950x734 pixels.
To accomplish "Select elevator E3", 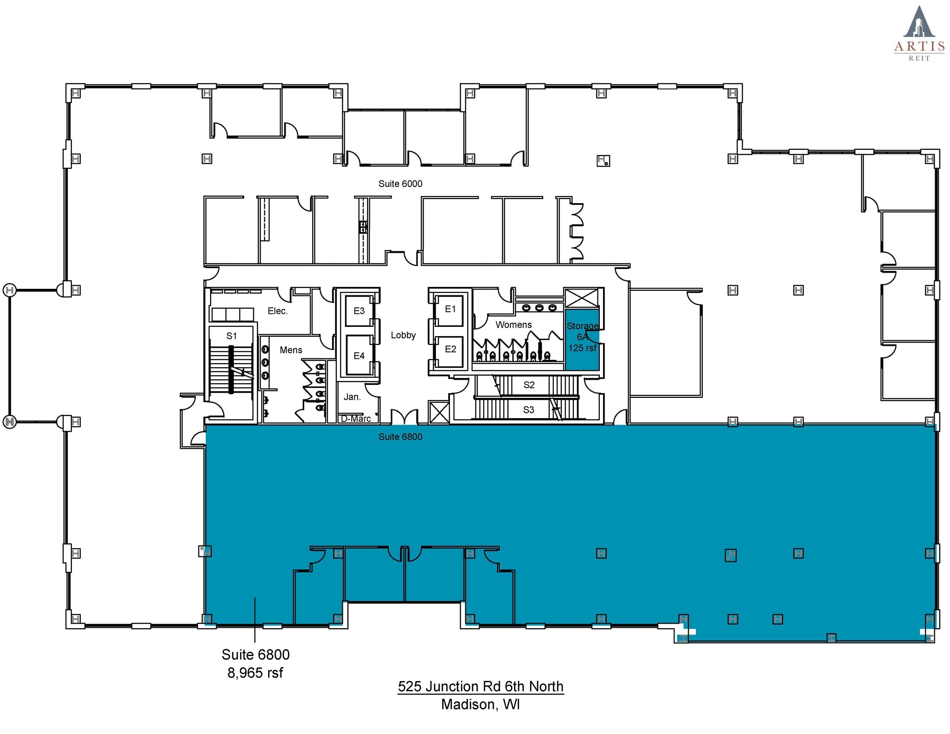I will tap(359, 311).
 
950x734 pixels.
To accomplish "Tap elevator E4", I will tap(359, 356).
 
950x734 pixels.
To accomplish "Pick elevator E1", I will tap(450, 309).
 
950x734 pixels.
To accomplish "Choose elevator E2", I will tap(450, 349).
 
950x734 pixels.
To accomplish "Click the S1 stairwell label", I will tap(231, 336).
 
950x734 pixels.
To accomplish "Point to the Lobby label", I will tap(403, 335).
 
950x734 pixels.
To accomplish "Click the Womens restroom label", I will tap(513, 325).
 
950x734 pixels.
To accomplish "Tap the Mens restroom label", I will tap(291, 350).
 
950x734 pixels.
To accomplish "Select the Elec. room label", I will tap(277, 311).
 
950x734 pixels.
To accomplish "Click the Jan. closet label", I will tap(352, 397).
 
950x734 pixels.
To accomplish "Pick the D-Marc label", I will tap(356, 419).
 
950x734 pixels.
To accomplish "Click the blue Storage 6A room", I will tap(582, 343).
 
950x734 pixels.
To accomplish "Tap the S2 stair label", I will tap(529, 385).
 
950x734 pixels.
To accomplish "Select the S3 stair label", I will tap(528, 410).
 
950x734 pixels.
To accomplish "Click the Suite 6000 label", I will tap(400, 184).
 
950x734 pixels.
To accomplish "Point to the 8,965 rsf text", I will tap(255, 672).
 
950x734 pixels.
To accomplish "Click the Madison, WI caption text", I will tap(480, 704).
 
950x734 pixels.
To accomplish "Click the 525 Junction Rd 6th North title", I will tap(480, 686).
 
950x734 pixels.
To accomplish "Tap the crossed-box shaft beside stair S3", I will tap(439, 412).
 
